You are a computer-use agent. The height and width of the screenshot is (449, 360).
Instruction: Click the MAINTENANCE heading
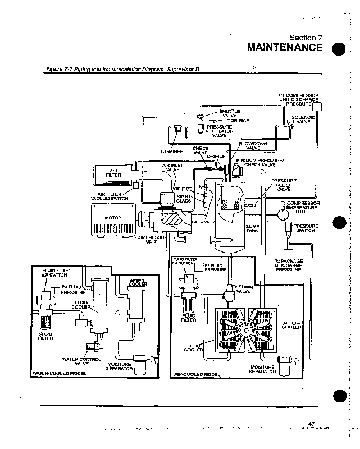point(285,47)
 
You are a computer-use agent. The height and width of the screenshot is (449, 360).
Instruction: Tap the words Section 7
point(306,38)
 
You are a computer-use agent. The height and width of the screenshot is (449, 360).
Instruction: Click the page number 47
point(312,423)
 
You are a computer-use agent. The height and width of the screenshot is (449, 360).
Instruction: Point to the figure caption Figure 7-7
point(122,69)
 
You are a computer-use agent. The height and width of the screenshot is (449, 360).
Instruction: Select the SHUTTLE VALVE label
point(229,113)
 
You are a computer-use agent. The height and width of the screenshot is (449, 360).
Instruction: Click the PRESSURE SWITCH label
point(306,228)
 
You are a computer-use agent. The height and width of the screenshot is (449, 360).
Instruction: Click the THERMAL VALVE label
point(243,288)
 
